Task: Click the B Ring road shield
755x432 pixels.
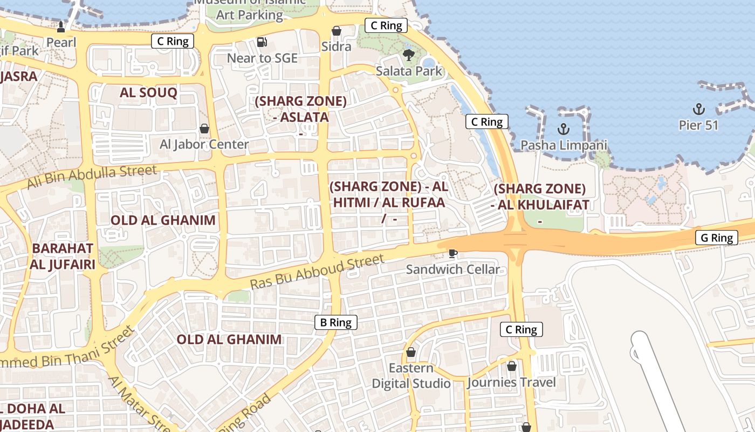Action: [x=336, y=322]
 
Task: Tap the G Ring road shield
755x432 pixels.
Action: [x=716, y=238]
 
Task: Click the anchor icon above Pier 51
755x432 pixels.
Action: [x=698, y=109]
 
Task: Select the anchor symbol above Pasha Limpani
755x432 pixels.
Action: [x=564, y=129]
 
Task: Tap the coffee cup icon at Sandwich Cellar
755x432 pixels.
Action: [x=453, y=253]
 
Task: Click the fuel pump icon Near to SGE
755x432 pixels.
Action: [x=262, y=42]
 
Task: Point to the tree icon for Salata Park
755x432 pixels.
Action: [x=409, y=55]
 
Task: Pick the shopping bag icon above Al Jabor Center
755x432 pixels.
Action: [x=204, y=129]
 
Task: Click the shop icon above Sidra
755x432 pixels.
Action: [x=337, y=31]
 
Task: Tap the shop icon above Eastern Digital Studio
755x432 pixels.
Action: [x=411, y=352]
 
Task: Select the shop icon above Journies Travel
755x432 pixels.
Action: [x=511, y=366]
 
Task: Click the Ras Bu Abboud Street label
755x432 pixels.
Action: [x=318, y=272]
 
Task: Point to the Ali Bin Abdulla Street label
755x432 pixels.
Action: [x=92, y=178]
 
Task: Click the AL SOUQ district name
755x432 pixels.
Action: [x=148, y=92]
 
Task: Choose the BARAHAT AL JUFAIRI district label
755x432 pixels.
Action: [x=63, y=256]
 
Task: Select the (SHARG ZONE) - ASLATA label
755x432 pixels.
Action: [x=300, y=109]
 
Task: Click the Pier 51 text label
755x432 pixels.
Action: [x=698, y=125]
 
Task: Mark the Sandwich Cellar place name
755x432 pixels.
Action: [x=453, y=269]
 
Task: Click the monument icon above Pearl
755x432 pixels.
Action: [x=61, y=27]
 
